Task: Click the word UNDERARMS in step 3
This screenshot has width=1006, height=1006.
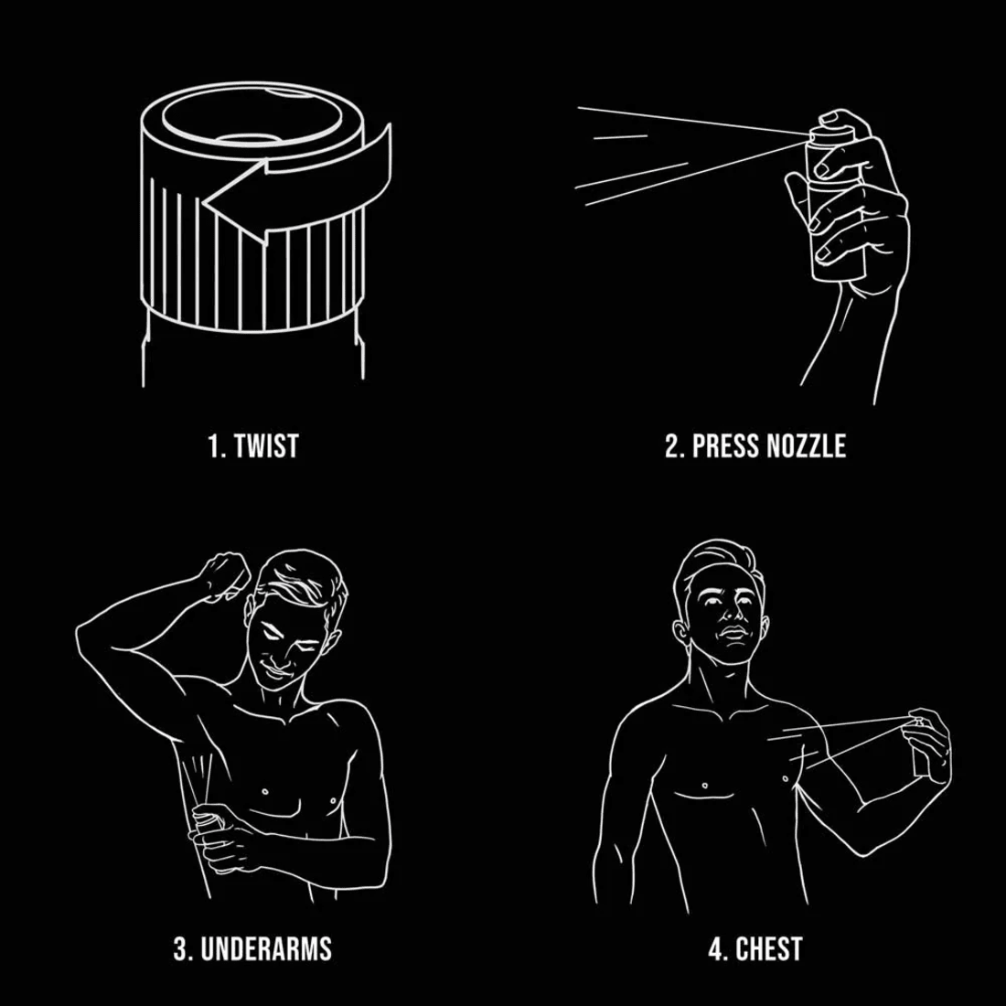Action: pyautogui.click(x=264, y=948)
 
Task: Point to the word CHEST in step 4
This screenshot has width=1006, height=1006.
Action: pyautogui.click(x=768, y=948)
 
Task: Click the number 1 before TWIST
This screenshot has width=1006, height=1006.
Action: pyautogui.click(x=214, y=446)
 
